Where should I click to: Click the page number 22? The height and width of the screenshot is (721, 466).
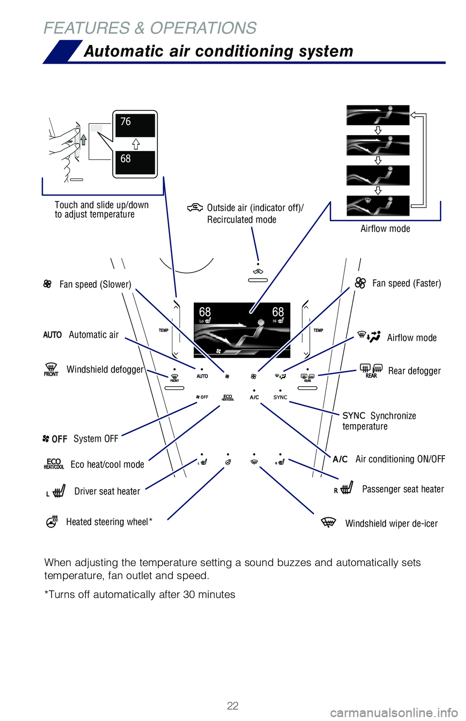click(233, 705)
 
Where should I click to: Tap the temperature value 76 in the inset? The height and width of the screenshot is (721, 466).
click(126, 122)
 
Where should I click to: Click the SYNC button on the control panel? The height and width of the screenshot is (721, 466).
click(280, 397)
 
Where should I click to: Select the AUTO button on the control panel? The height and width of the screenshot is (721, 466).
click(202, 376)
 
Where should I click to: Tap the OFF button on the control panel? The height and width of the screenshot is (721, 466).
click(202, 397)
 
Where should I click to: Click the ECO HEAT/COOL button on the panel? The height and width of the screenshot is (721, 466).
click(228, 397)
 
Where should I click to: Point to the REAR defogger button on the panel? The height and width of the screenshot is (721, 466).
click(308, 378)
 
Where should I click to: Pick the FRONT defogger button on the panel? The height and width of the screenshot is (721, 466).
click(175, 378)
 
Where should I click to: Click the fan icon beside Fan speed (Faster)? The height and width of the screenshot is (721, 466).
click(360, 283)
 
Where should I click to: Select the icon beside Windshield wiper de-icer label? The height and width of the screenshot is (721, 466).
click(329, 523)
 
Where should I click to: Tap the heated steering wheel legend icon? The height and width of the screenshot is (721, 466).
click(52, 522)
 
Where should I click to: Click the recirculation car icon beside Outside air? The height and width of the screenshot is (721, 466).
click(195, 208)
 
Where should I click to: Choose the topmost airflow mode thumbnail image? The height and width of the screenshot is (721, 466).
click(378, 116)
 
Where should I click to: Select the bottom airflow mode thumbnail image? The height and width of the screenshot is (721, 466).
click(378, 206)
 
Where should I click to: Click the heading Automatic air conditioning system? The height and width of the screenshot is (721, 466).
click(218, 51)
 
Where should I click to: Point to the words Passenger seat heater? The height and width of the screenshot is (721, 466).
click(403, 489)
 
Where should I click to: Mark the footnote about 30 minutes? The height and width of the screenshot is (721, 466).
click(140, 595)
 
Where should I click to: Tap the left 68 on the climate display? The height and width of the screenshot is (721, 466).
click(205, 312)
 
